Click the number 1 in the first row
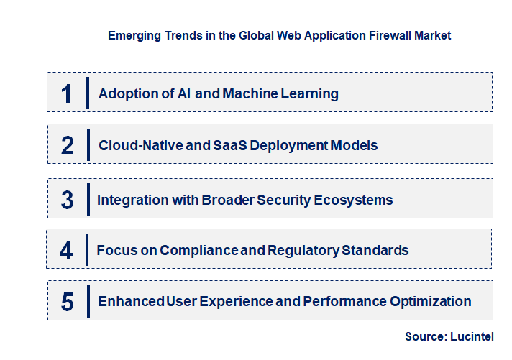(67, 93)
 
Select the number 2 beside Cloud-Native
(68, 146)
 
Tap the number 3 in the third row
(67, 200)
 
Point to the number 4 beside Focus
(66, 250)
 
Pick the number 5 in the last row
(67, 302)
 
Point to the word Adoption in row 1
(125, 93)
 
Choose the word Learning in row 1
(309, 93)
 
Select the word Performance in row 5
(341, 302)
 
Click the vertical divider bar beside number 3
(88, 199)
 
